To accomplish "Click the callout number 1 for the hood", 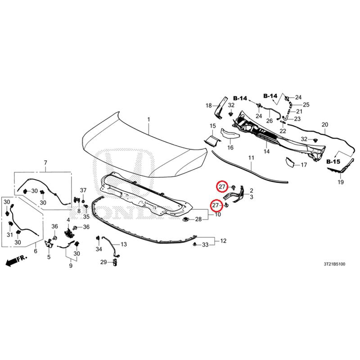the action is [x=149, y=120].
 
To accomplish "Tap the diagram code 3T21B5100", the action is [x=334, y=264].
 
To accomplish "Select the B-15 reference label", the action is [x=333, y=162].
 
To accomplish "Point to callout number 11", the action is [x=252, y=158].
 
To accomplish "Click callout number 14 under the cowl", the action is [x=266, y=151].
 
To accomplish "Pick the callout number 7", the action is [x=45, y=162].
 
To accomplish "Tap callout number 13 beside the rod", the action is [x=123, y=244].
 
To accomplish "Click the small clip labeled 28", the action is [x=185, y=220].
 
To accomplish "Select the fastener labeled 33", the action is [x=195, y=244].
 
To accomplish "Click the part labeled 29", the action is [x=115, y=262].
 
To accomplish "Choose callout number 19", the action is [x=341, y=182].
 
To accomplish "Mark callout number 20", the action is [x=325, y=125].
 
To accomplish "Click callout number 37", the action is [x=83, y=190].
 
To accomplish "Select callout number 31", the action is [x=9, y=234].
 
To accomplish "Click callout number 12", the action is [x=223, y=241].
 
